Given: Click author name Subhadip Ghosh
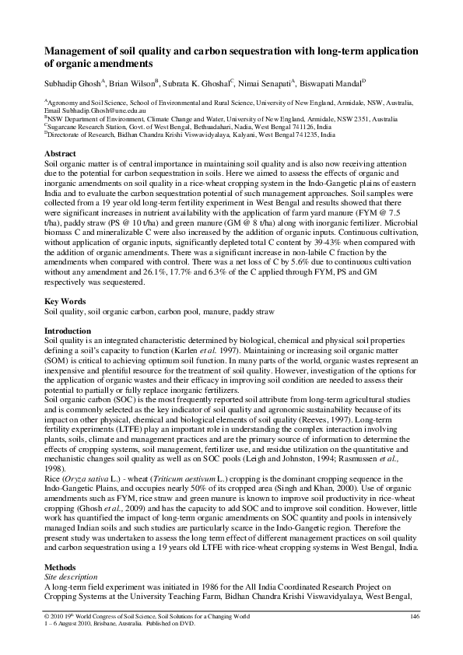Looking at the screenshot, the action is (75, 82).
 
